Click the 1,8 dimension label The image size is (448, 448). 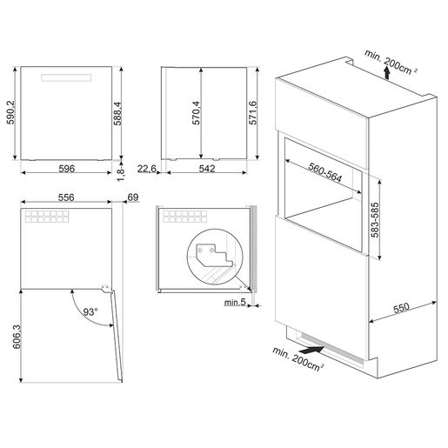(121, 172)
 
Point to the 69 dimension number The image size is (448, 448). (132, 198)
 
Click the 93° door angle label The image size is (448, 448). (90, 310)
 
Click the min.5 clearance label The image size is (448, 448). (232, 302)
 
